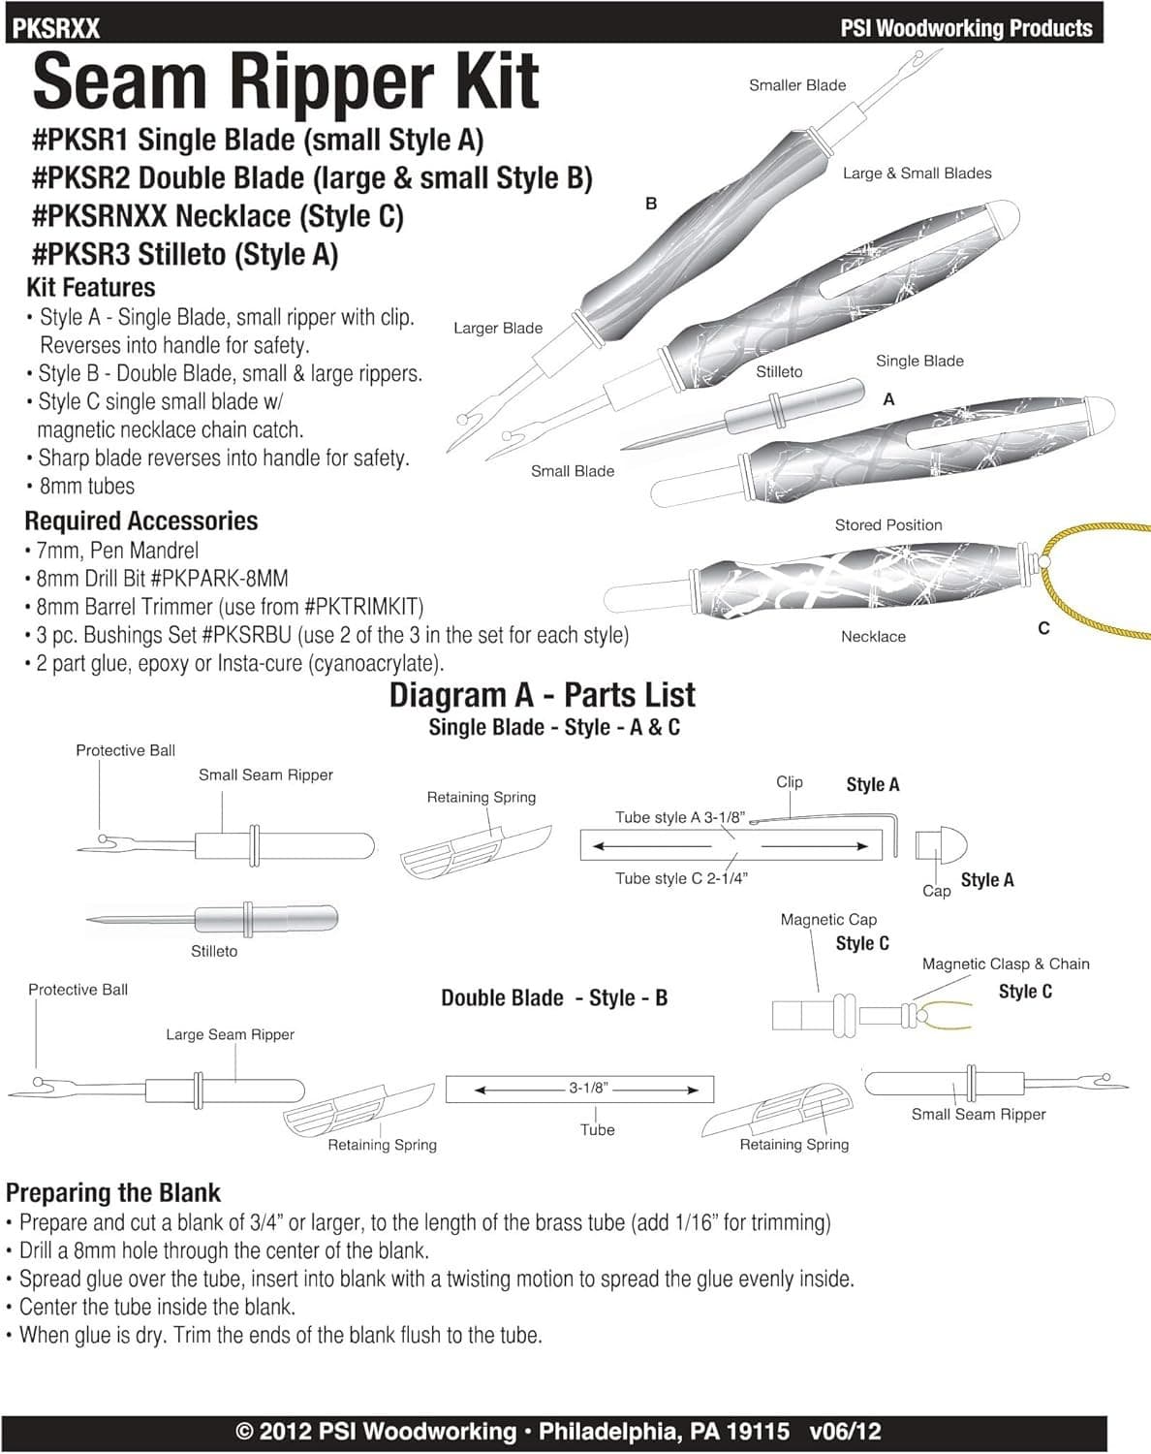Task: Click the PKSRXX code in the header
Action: [x=56, y=28]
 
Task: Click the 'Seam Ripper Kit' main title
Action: [x=285, y=82]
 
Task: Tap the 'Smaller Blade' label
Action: [x=796, y=85]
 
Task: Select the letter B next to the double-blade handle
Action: [x=651, y=204]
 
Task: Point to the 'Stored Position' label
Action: [x=887, y=525]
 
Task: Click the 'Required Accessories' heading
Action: [x=140, y=521]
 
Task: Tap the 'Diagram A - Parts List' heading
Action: [x=542, y=695]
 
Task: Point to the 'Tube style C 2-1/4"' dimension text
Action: [x=681, y=878]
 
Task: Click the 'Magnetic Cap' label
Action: [x=828, y=919]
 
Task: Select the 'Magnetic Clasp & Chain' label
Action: [x=1005, y=964]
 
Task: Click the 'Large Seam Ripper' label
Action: [x=230, y=1034]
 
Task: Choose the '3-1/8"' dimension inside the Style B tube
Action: [x=587, y=1089]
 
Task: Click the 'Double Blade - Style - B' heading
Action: [x=553, y=998]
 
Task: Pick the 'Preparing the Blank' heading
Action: [x=113, y=1192]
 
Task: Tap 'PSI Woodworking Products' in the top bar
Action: [x=966, y=28]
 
